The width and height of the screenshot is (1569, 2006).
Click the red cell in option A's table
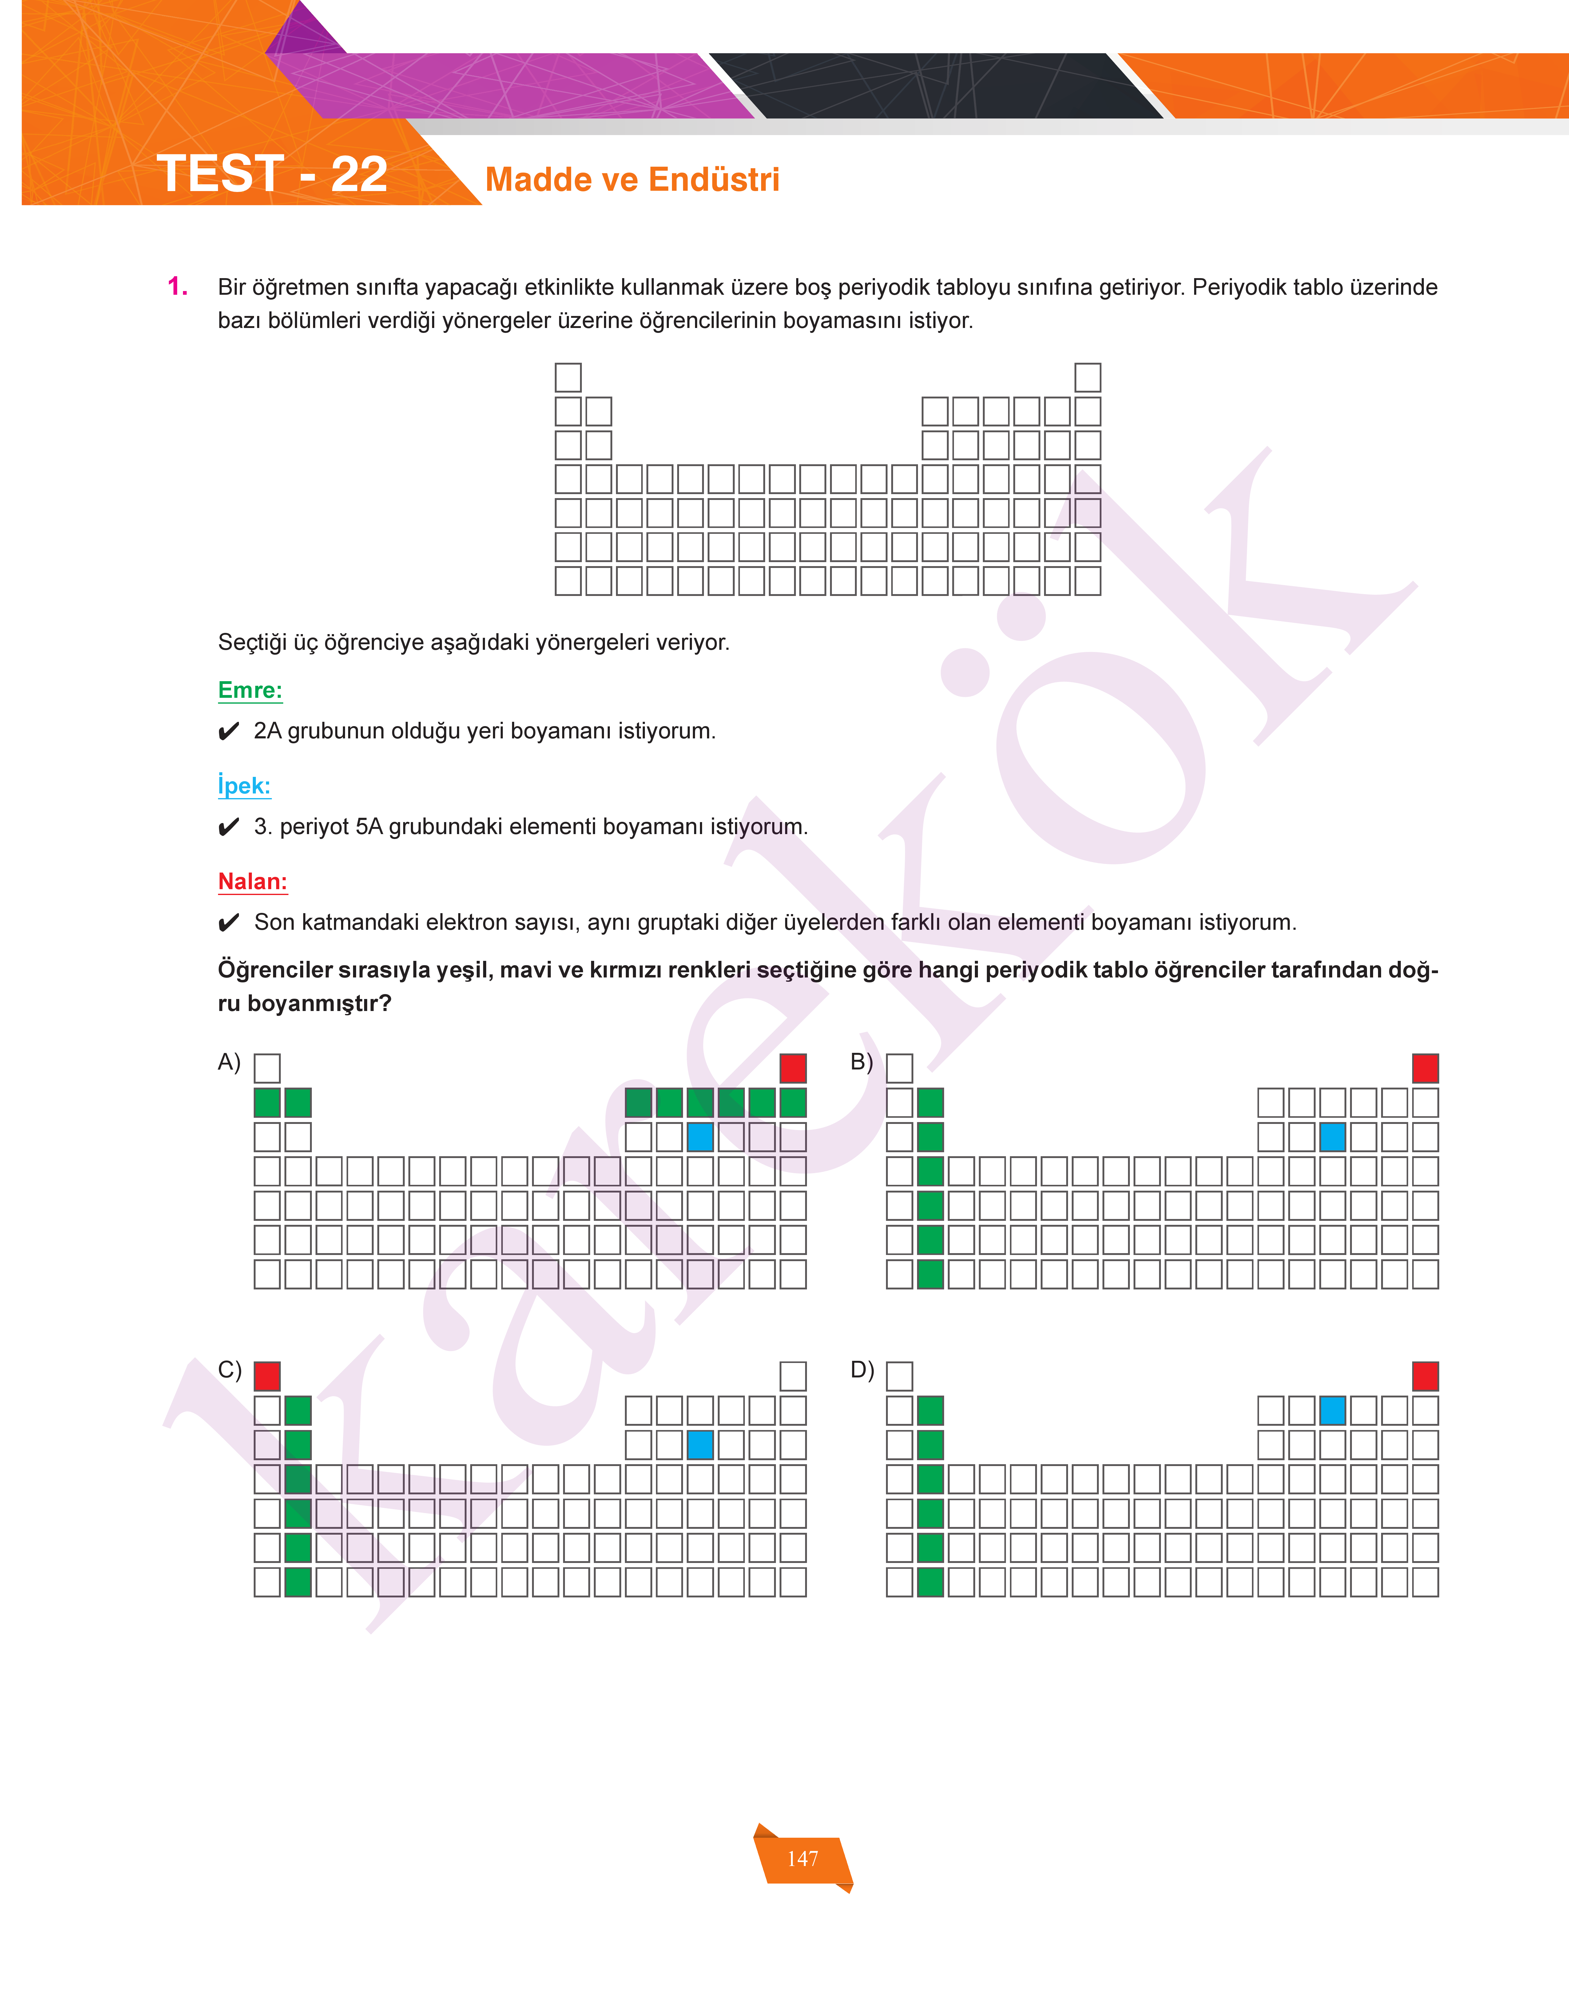click(793, 1068)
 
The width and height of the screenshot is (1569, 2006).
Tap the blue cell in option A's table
click(700, 1137)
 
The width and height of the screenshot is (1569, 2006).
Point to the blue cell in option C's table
click(700, 1445)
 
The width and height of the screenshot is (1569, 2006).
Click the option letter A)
click(229, 1062)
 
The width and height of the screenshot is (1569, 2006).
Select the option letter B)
click(862, 1062)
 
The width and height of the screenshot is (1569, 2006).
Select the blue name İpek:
click(244, 786)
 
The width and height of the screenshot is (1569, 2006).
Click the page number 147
click(803, 1859)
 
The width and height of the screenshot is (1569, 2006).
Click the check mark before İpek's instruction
click(229, 828)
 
